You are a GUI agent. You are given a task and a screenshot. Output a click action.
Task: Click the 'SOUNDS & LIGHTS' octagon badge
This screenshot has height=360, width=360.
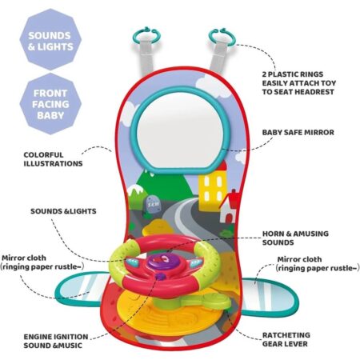50,40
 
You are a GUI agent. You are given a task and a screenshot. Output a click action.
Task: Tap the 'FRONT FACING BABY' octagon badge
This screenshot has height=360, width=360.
50,104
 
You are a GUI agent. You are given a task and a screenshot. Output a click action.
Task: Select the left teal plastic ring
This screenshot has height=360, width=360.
147,35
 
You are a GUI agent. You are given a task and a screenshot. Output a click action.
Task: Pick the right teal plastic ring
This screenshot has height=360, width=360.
222,37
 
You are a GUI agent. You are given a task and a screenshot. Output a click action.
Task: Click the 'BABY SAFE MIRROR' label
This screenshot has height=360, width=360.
298,133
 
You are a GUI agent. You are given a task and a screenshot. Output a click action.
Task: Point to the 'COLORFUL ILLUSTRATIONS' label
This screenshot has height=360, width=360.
53,159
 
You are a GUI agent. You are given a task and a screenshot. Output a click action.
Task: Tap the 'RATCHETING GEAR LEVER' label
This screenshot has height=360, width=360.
286,339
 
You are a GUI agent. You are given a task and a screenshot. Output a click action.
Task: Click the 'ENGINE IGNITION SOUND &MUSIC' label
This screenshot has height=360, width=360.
56,341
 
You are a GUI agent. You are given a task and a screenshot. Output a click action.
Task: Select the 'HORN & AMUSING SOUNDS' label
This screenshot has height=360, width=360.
295,238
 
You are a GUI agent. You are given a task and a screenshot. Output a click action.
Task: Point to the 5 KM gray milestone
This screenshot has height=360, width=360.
153,205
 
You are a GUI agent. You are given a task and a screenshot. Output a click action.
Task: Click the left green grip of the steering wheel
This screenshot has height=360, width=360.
122,256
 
